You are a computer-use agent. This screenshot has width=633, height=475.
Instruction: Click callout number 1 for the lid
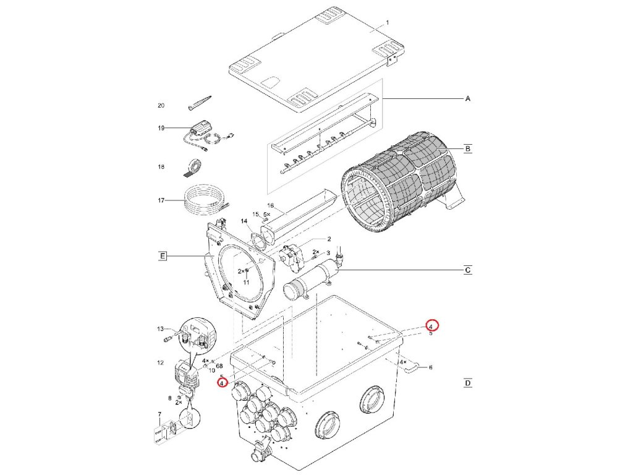(x=387, y=22)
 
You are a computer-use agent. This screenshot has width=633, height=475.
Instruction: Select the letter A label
(x=467, y=98)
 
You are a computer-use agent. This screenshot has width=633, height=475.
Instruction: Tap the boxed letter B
(x=468, y=148)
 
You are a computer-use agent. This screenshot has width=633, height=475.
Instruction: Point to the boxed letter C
(x=468, y=270)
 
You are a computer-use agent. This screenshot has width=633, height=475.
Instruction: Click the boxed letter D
(x=468, y=383)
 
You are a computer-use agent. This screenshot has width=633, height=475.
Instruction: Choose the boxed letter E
(x=163, y=256)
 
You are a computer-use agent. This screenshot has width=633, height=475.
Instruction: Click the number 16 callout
(x=270, y=205)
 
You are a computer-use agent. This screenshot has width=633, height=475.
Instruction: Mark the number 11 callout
(x=245, y=282)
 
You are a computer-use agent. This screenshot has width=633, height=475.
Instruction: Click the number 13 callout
(x=159, y=328)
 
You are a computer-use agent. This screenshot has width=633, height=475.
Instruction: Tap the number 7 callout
(x=159, y=413)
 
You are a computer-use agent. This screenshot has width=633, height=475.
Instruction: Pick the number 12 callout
(x=159, y=362)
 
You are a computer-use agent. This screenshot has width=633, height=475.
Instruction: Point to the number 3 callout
(x=328, y=253)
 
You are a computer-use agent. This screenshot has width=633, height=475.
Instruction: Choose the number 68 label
(x=219, y=366)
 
